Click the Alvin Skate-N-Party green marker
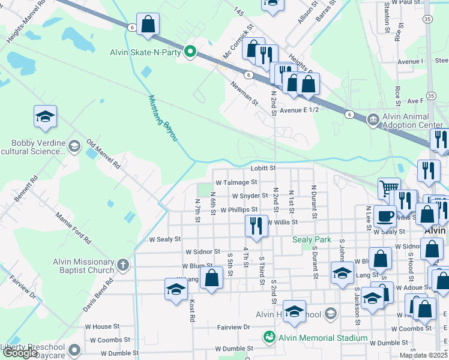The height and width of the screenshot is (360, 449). [191, 52]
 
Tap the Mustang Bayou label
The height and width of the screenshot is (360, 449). [163, 118]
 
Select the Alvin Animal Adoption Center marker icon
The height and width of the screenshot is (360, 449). [373, 119]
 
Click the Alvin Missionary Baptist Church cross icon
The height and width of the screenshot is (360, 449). [122, 265]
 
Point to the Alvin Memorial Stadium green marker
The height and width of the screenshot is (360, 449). [269, 338]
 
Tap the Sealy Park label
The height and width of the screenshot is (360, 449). [312, 239]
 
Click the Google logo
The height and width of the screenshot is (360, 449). [20, 353]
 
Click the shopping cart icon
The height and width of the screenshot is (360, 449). [389, 188]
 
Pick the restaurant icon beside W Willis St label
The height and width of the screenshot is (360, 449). [256, 226]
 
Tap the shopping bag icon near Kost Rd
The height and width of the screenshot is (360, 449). [211, 278]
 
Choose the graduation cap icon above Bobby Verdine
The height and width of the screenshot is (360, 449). [45, 116]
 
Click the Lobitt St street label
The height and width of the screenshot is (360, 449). [263, 169]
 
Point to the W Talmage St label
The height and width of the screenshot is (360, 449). [236, 182]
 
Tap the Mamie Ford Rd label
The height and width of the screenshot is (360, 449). [73, 227]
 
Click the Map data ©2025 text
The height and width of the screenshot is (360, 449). [423, 355]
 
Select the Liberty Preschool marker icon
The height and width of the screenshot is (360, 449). [74, 349]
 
